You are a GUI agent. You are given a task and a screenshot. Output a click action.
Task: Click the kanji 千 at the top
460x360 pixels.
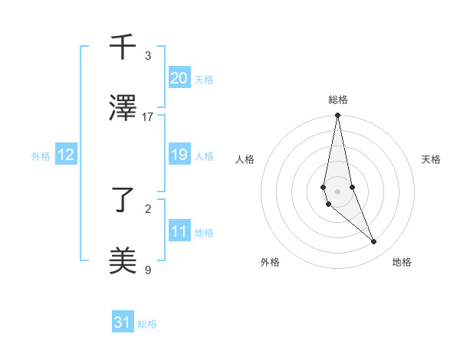[x=123, y=48]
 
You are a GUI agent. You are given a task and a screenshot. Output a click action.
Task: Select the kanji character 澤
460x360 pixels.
[x=123, y=108]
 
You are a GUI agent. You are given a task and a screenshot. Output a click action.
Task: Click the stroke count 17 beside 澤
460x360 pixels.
[x=148, y=116]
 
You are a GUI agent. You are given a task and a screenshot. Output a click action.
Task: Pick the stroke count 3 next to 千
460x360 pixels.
[x=148, y=56]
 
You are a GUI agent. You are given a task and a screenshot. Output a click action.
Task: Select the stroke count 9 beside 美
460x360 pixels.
[x=148, y=269]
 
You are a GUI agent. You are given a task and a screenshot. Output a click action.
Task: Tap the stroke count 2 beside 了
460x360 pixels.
[x=148, y=208]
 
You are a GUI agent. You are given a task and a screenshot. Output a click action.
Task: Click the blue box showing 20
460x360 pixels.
[x=179, y=77]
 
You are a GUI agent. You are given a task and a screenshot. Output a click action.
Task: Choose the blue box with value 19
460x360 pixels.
[x=179, y=155]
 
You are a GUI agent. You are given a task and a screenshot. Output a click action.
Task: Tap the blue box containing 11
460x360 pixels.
[x=179, y=231]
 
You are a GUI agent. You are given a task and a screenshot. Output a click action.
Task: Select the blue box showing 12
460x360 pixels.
[x=66, y=155]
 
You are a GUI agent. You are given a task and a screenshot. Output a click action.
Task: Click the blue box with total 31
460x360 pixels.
[x=123, y=322]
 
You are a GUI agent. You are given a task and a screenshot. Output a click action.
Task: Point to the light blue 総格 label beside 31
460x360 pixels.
[x=147, y=324]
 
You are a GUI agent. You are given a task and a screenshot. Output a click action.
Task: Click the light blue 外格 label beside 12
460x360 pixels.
[x=41, y=156]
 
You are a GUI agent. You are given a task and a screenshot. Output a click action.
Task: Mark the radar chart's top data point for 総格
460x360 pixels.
[x=337, y=116]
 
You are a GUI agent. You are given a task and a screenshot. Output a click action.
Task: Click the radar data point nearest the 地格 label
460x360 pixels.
[x=374, y=242]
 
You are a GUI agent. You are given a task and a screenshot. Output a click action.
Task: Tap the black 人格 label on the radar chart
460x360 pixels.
[x=245, y=159]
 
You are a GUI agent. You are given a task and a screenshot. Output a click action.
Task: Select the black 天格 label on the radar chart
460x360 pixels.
[x=431, y=159]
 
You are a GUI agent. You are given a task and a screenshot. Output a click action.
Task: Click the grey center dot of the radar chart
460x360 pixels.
[x=337, y=191]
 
